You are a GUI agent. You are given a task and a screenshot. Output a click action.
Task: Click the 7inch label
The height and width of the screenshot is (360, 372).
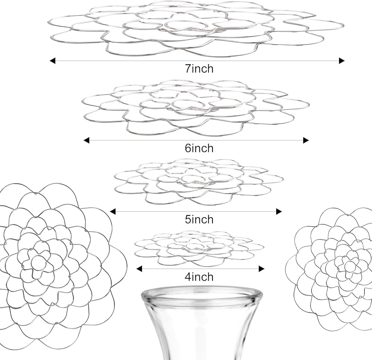point(199,69)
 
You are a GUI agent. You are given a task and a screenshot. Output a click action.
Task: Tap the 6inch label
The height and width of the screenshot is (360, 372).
point(199,148)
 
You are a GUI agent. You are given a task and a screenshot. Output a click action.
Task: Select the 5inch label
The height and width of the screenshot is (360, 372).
point(199,219)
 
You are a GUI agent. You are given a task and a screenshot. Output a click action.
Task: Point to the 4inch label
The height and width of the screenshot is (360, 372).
point(199,277)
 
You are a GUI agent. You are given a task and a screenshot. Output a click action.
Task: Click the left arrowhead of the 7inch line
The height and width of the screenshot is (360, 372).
point(52,61)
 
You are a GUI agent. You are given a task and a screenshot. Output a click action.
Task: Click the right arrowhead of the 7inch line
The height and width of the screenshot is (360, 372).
point(342,61)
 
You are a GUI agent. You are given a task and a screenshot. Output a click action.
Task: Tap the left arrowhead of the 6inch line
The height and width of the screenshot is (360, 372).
point(87,140)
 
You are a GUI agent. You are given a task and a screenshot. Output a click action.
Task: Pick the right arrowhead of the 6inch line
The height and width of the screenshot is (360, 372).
point(306,140)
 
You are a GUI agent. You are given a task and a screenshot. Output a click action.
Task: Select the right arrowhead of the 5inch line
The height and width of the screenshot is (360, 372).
point(279,211)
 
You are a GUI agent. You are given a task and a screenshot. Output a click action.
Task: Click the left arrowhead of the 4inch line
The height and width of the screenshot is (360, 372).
point(139,269)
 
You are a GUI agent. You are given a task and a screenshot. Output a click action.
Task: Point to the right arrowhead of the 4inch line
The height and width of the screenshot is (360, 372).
point(262,269)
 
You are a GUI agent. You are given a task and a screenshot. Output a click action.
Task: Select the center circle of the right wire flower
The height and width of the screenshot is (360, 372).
point(350,266)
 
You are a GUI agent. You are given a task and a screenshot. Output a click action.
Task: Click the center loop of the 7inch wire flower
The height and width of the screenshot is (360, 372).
point(186,25)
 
